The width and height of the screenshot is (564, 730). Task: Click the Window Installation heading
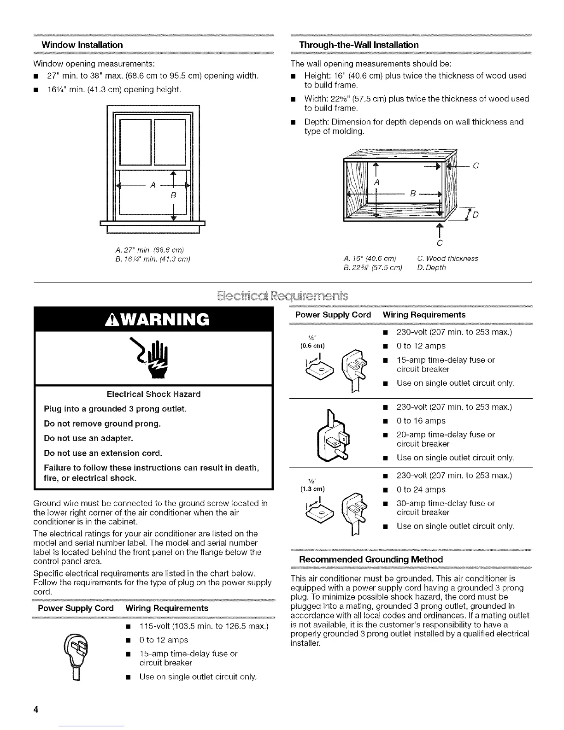tap(82, 45)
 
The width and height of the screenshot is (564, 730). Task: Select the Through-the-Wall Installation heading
tap(359, 45)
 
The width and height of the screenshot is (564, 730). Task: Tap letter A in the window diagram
tap(152, 185)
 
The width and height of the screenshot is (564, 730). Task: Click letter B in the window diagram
tap(174, 195)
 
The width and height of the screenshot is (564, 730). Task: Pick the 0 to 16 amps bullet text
tap(421, 421)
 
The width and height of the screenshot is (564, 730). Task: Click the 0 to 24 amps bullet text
tap(421, 490)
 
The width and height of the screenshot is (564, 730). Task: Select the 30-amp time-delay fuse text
tap(446, 504)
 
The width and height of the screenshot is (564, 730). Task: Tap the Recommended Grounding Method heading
tap(371, 559)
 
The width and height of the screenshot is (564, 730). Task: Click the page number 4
tap(35, 709)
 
